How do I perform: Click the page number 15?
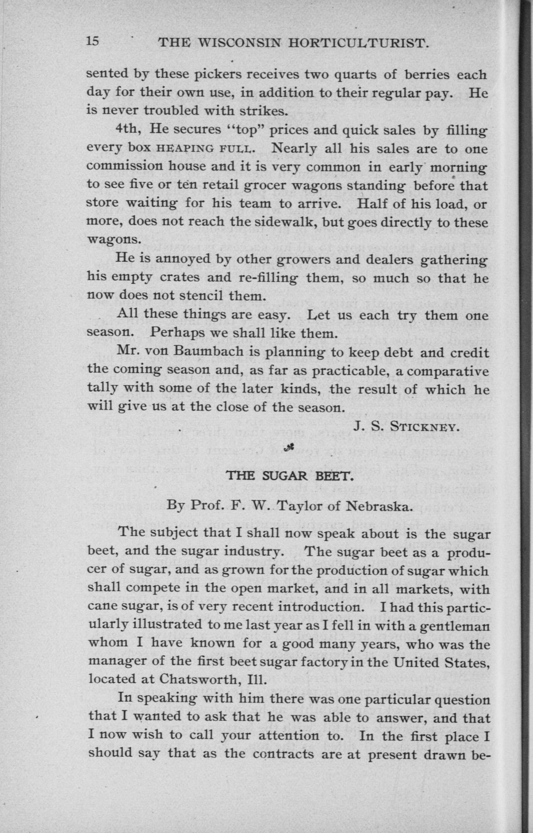[x=92, y=41]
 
